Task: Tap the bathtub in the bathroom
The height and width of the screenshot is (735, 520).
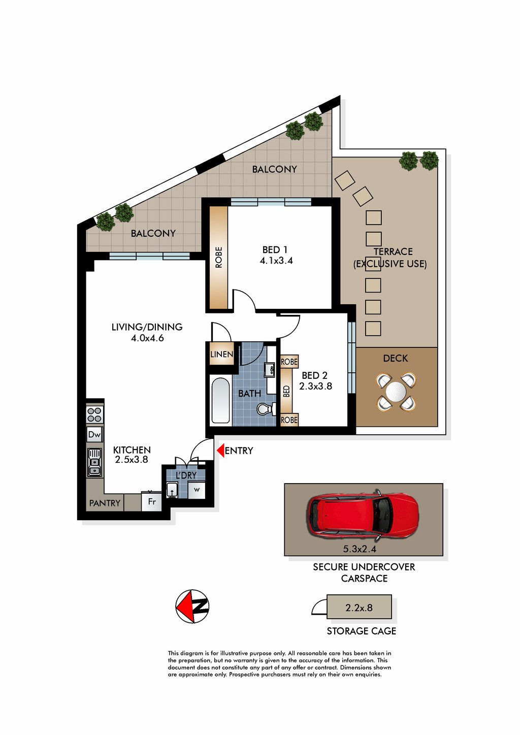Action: click(x=220, y=400)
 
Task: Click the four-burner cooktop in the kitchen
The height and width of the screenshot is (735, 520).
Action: click(x=94, y=414)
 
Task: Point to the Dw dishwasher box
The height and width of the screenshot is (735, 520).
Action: click(x=94, y=435)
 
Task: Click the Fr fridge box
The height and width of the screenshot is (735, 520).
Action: click(x=151, y=501)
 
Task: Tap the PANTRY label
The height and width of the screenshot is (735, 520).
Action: click(x=105, y=503)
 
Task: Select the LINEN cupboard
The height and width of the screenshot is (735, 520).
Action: click(x=222, y=354)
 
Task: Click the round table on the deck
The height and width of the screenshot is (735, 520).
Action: click(x=396, y=392)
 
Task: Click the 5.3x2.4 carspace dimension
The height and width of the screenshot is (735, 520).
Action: click(x=360, y=549)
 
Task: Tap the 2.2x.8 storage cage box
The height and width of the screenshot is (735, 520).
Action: click(x=359, y=608)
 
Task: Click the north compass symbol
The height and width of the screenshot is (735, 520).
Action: click(x=192, y=606)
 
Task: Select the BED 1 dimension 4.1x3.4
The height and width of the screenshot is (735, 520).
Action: click(x=276, y=261)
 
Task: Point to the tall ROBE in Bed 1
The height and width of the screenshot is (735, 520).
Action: click(x=218, y=257)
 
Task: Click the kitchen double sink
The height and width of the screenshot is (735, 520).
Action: click(x=94, y=463)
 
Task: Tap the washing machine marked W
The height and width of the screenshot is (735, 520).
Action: click(x=197, y=490)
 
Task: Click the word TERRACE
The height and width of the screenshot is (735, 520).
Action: click(x=393, y=251)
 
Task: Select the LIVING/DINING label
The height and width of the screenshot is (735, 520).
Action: click(x=147, y=327)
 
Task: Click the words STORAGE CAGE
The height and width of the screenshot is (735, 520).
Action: click(x=362, y=631)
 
